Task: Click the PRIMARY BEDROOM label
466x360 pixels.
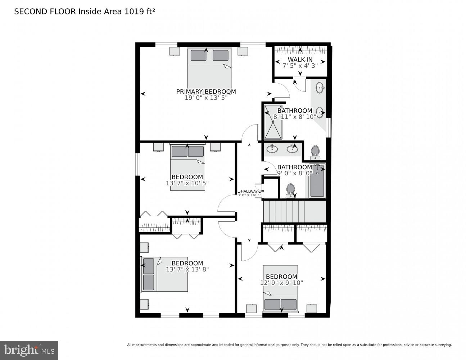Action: pyautogui.click(x=206, y=91)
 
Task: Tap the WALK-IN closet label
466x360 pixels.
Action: pyautogui.click(x=300, y=59)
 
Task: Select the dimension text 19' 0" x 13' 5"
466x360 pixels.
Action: pyautogui.click(x=206, y=98)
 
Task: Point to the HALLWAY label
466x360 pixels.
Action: pyautogui.click(x=249, y=191)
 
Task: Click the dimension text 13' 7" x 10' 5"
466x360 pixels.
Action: pyautogui.click(x=187, y=183)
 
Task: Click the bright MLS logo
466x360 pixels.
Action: pyautogui.click(x=29, y=350)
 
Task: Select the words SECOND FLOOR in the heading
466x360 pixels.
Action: pyautogui.click(x=45, y=12)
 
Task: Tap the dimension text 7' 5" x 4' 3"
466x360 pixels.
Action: pyautogui.click(x=300, y=66)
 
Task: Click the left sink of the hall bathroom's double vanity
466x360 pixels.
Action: pyautogui.click(x=272, y=148)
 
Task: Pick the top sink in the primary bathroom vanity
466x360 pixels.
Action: pyautogui.click(x=320, y=87)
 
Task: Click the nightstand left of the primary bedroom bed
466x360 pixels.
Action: pyautogui.click(x=175, y=51)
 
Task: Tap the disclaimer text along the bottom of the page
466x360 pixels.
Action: pyautogui.click(x=289, y=345)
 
